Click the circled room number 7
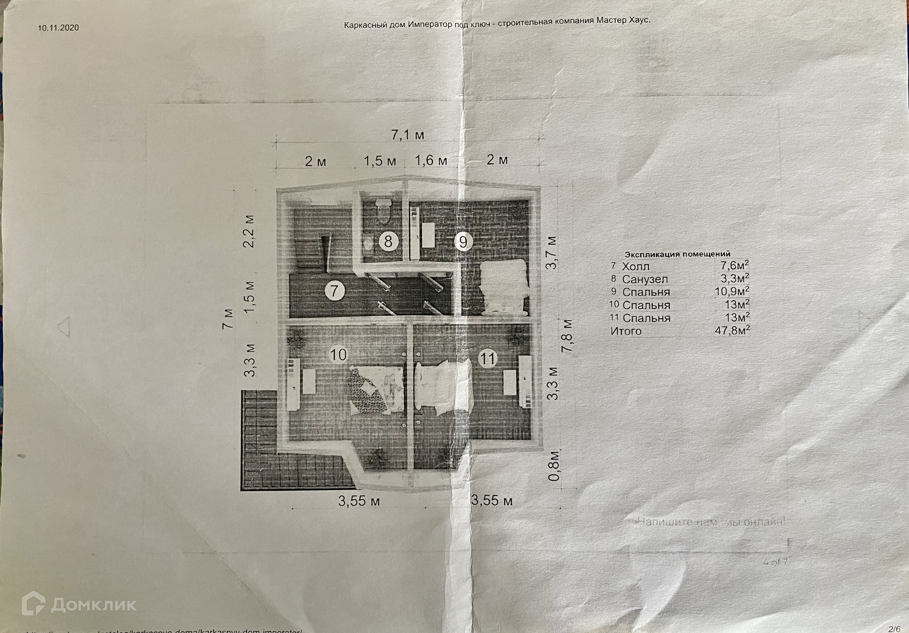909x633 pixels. click(334, 291)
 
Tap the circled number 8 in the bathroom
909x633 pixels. click(388, 241)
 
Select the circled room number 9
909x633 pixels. click(463, 241)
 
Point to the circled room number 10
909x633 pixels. click(338, 355)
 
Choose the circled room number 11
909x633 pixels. click(487, 359)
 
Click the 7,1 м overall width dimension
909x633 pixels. click(407, 135)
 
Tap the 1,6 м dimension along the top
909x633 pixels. click(431, 161)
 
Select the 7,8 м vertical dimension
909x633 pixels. click(568, 336)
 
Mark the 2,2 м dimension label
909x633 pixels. click(249, 231)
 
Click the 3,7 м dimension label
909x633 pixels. click(551, 253)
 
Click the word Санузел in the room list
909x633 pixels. click(645, 279)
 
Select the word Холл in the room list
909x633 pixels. click(636, 267)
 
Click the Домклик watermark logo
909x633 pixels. click(79, 604)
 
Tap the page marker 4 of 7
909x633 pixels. click(775, 562)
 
